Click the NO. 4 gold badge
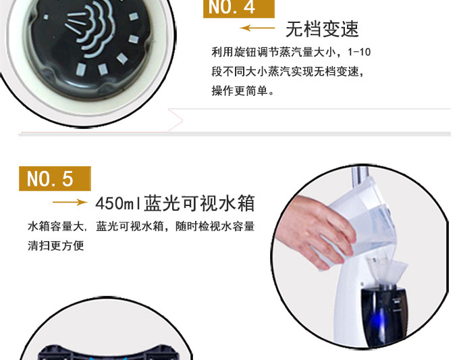tap(238, 8)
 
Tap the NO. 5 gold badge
tap(55, 178)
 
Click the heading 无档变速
tap(322, 29)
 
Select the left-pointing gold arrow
tap(257, 28)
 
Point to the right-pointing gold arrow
tap(70, 202)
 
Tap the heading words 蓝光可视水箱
tap(199, 203)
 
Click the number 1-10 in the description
tap(359, 52)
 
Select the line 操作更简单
tap(242, 91)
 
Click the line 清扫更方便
tap(56, 246)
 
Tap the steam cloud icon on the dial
tap(87, 29)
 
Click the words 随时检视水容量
tap(215, 226)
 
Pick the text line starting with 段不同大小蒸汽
tap(288, 72)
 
